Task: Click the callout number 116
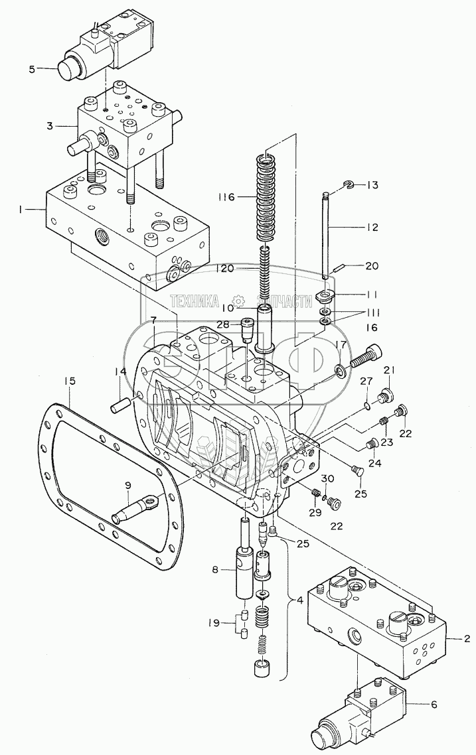click(225, 197)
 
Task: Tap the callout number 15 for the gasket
click(70, 381)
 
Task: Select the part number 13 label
click(372, 185)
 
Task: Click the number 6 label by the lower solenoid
click(434, 705)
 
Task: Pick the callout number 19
click(213, 622)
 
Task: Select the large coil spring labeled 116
click(265, 198)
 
